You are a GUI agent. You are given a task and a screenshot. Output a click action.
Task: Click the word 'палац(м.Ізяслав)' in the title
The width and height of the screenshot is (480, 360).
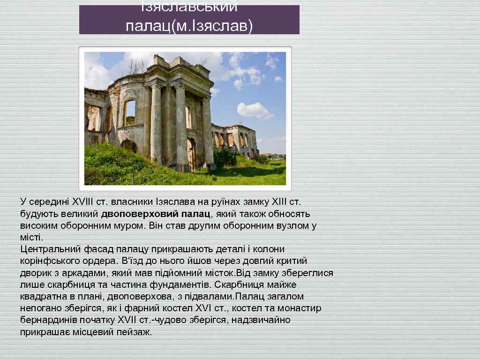tap(189, 26)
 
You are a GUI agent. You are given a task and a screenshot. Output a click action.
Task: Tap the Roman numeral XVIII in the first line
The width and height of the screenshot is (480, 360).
tap(83, 202)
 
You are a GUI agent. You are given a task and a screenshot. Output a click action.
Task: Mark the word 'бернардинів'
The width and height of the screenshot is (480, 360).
tap(46, 320)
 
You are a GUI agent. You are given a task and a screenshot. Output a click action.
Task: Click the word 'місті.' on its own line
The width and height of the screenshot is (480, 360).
tap(31, 237)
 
